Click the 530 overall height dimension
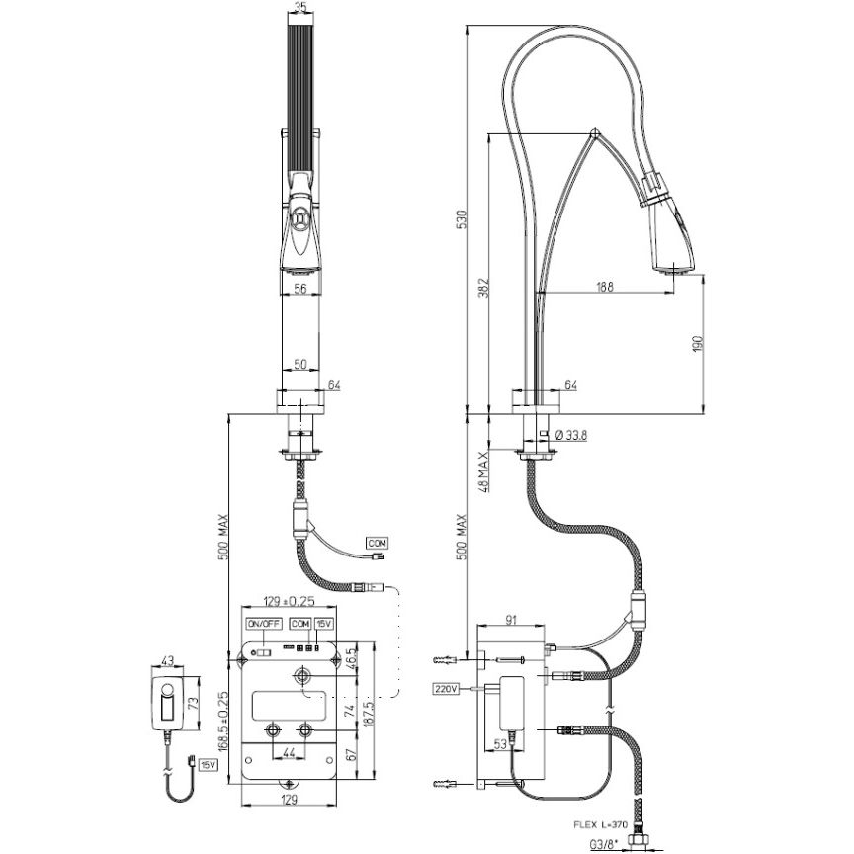tap(462, 219)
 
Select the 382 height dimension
tap(483, 288)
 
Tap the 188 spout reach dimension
tap(604, 287)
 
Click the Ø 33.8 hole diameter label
tap(570, 435)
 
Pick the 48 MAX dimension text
tap(483, 471)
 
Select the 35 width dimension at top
tap(300, 8)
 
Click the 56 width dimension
tap(300, 289)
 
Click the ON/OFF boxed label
tap(264, 624)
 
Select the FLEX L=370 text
tap(601, 824)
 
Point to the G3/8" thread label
tap(603, 845)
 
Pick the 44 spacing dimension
tap(290, 753)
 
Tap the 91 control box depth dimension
tap(511, 620)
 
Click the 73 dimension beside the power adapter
tap(192, 703)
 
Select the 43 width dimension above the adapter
tap(168, 660)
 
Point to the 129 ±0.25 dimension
tap(290, 601)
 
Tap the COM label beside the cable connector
tap(377, 543)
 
